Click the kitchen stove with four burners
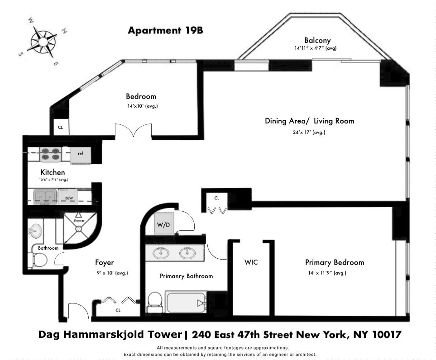(50, 155)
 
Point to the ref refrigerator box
(81, 154)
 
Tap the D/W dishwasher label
(69, 198)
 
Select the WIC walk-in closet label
(251, 262)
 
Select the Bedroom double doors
(132, 131)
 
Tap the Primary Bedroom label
(334, 262)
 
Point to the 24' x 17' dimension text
(309, 133)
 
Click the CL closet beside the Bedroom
(60, 127)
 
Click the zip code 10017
(385, 335)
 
